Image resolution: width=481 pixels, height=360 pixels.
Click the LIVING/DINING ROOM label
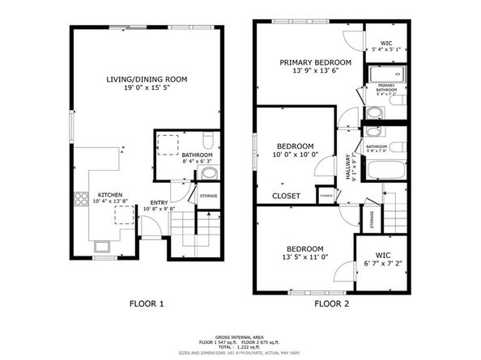coord(147,79)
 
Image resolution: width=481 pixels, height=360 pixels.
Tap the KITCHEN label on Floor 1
coord(109,195)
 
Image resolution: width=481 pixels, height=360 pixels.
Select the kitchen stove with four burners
coord(82,197)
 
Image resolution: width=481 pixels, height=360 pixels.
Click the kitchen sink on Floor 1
coord(103,246)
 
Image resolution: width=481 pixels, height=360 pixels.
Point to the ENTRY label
coord(151,202)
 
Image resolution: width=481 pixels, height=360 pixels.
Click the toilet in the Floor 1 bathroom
coord(208,172)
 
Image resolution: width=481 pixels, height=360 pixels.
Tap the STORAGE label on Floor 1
coord(208,195)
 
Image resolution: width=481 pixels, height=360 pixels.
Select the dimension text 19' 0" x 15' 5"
coord(147,89)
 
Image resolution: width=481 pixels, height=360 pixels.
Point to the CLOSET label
coord(286,196)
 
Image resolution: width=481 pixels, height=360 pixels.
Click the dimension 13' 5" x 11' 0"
coord(304,258)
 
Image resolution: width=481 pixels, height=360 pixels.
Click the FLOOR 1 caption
coord(147,304)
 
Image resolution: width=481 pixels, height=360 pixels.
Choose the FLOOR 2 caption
coord(332,304)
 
